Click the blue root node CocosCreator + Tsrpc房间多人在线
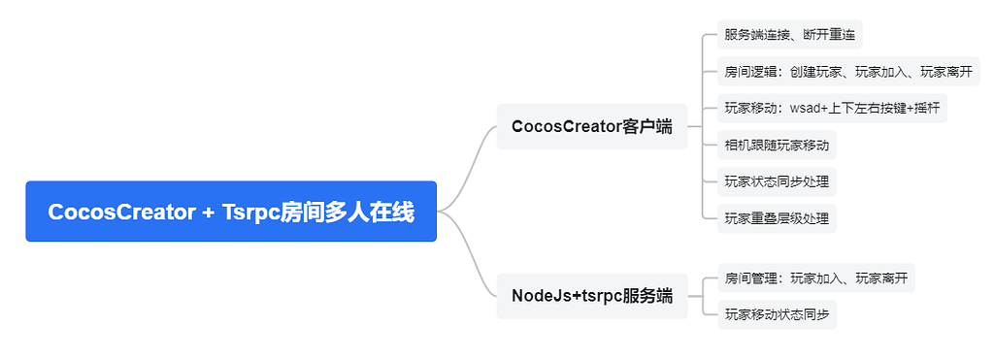pos(231,212)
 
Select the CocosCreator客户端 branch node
pos(591,126)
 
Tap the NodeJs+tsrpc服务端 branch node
pos(591,296)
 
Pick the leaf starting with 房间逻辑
pos(848,72)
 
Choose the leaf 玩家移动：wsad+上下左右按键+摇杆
pos(832,108)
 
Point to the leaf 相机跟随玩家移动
pos(777,145)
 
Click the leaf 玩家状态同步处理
pos(777,181)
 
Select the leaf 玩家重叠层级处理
pos(777,217)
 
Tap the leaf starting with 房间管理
pos(815,278)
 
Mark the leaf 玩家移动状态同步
pos(777,314)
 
